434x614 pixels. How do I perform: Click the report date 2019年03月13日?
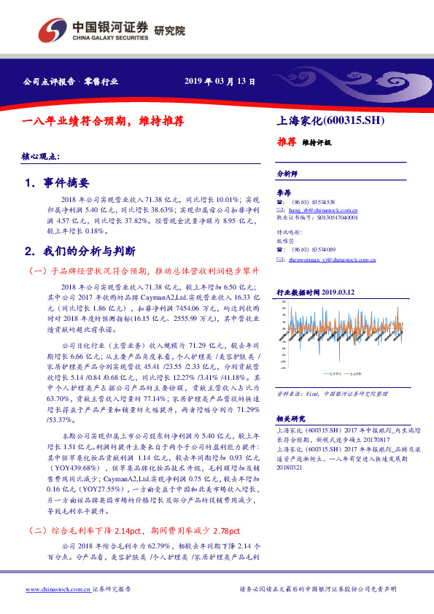click(x=220, y=82)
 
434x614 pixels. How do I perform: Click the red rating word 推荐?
click(x=286, y=142)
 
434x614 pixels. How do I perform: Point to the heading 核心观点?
click(x=41, y=157)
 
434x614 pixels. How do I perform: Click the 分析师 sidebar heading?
click(x=287, y=174)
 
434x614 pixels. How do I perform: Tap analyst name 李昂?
click(x=283, y=191)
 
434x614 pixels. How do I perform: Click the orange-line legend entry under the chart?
click(x=352, y=373)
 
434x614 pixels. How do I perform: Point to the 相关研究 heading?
click(x=290, y=418)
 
